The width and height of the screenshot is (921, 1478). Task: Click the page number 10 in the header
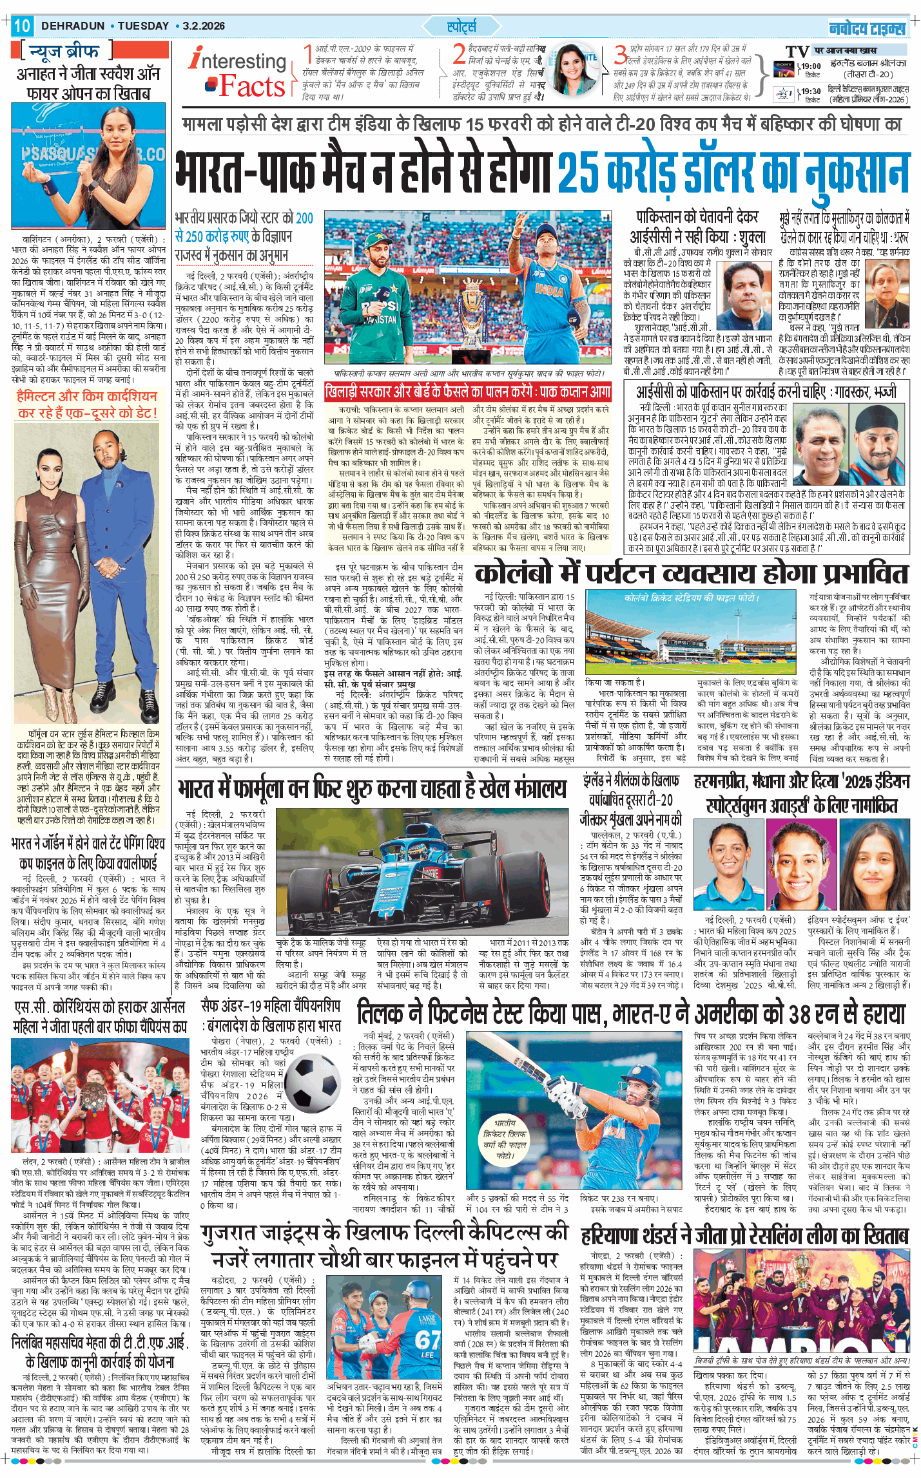(21, 26)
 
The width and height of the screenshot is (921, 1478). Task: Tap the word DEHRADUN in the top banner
(73, 26)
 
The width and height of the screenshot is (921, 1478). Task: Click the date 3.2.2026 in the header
(204, 26)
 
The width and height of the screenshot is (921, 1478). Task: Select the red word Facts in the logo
(251, 86)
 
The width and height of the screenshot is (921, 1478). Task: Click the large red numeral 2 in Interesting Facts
(458, 54)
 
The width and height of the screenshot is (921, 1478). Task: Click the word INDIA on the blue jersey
(548, 290)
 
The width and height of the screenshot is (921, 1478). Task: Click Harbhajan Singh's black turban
(876, 420)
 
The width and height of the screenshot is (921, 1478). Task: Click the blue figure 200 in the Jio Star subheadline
(304, 218)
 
